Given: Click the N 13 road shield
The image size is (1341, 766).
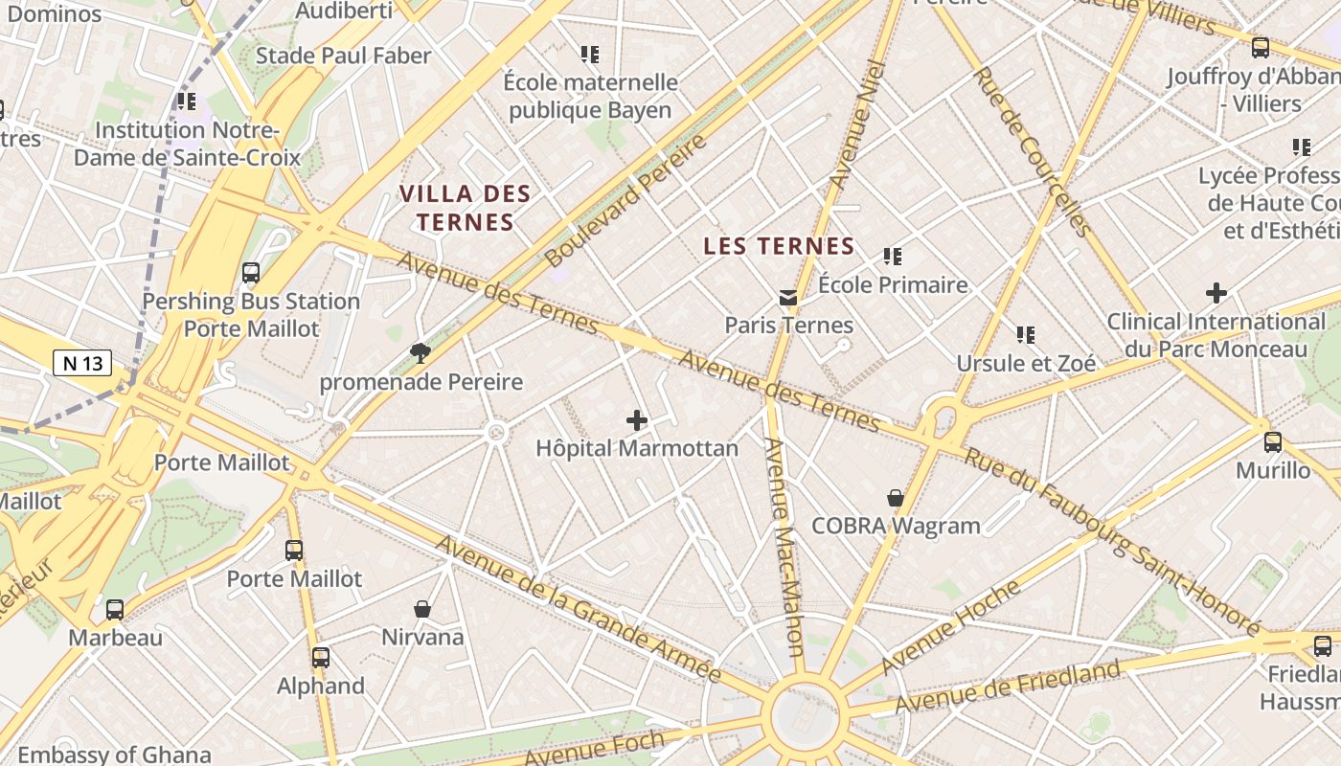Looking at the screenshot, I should [82, 363].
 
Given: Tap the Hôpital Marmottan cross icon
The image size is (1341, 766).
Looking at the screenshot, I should [636, 420].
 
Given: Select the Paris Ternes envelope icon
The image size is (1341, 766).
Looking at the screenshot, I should [788, 298].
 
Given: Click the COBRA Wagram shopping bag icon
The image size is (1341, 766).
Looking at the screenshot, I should [895, 498].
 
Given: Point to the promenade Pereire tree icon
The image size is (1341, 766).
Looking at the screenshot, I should [420, 353].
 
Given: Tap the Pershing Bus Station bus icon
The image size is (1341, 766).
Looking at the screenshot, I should [251, 273].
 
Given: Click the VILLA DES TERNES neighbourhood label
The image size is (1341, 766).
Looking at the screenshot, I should [465, 208].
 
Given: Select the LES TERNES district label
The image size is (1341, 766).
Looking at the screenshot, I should [778, 246].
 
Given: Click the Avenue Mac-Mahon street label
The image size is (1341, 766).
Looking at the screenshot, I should [784, 546].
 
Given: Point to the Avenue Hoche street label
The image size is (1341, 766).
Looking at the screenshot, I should [950, 627].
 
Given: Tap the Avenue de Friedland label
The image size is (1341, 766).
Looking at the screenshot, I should [1007, 687].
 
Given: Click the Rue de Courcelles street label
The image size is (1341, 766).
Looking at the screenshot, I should [1032, 151].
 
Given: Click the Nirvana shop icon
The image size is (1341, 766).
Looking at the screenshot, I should [421, 609].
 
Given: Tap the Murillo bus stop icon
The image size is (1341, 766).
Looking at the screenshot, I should [1272, 442].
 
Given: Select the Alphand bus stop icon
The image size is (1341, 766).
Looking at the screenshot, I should [321, 658].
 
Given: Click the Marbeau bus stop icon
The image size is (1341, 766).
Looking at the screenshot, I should [115, 609].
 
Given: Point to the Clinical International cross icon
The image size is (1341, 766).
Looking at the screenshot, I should [1216, 293].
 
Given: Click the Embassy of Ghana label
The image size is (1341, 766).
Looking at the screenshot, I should [114, 755].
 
